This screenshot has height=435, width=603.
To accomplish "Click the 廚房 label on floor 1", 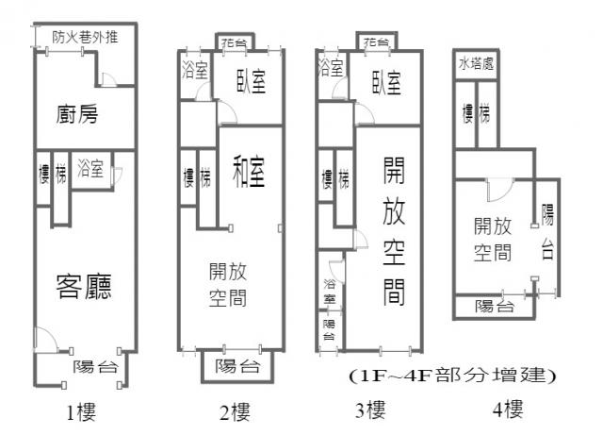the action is click(77, 114).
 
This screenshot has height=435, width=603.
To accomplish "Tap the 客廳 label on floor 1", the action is click(84, 286).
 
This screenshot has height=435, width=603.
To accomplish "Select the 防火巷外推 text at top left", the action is click(85, 38).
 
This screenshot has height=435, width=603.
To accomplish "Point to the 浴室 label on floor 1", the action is click(90, 168).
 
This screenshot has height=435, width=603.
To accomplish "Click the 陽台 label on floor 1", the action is click(95, 366).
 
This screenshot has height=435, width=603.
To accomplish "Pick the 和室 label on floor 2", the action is click(249, 172).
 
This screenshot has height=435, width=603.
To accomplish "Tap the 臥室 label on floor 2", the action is click(252, 81).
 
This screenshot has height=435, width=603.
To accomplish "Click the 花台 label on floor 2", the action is click(235, 42).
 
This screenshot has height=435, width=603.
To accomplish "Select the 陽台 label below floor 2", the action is click(237, 366).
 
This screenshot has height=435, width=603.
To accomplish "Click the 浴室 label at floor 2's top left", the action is click(195, 70).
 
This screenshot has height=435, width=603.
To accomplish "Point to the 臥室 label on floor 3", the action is click(387, 83).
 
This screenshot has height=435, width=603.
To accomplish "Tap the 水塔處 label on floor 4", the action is click(476, 63).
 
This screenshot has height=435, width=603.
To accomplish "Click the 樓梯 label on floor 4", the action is click(476, 113).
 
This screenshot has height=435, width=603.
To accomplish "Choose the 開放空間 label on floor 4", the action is click(493, 240).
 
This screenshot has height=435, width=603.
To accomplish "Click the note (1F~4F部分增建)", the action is click(452, 376).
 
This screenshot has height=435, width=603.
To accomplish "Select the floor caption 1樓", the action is click(81, 412).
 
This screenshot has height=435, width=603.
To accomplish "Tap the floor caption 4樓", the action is click(508, 409).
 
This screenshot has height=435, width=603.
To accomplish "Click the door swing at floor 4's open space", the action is click(500, 190).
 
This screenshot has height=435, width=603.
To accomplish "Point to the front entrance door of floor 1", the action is click(45, 339).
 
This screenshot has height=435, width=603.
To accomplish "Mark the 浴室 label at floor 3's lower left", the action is click(330, 292).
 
